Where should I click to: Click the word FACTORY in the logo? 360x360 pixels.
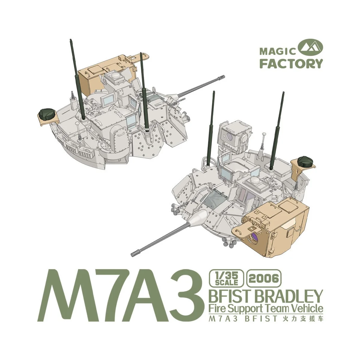291,64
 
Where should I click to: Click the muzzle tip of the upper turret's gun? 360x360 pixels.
223,76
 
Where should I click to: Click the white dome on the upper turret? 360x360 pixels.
114,76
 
